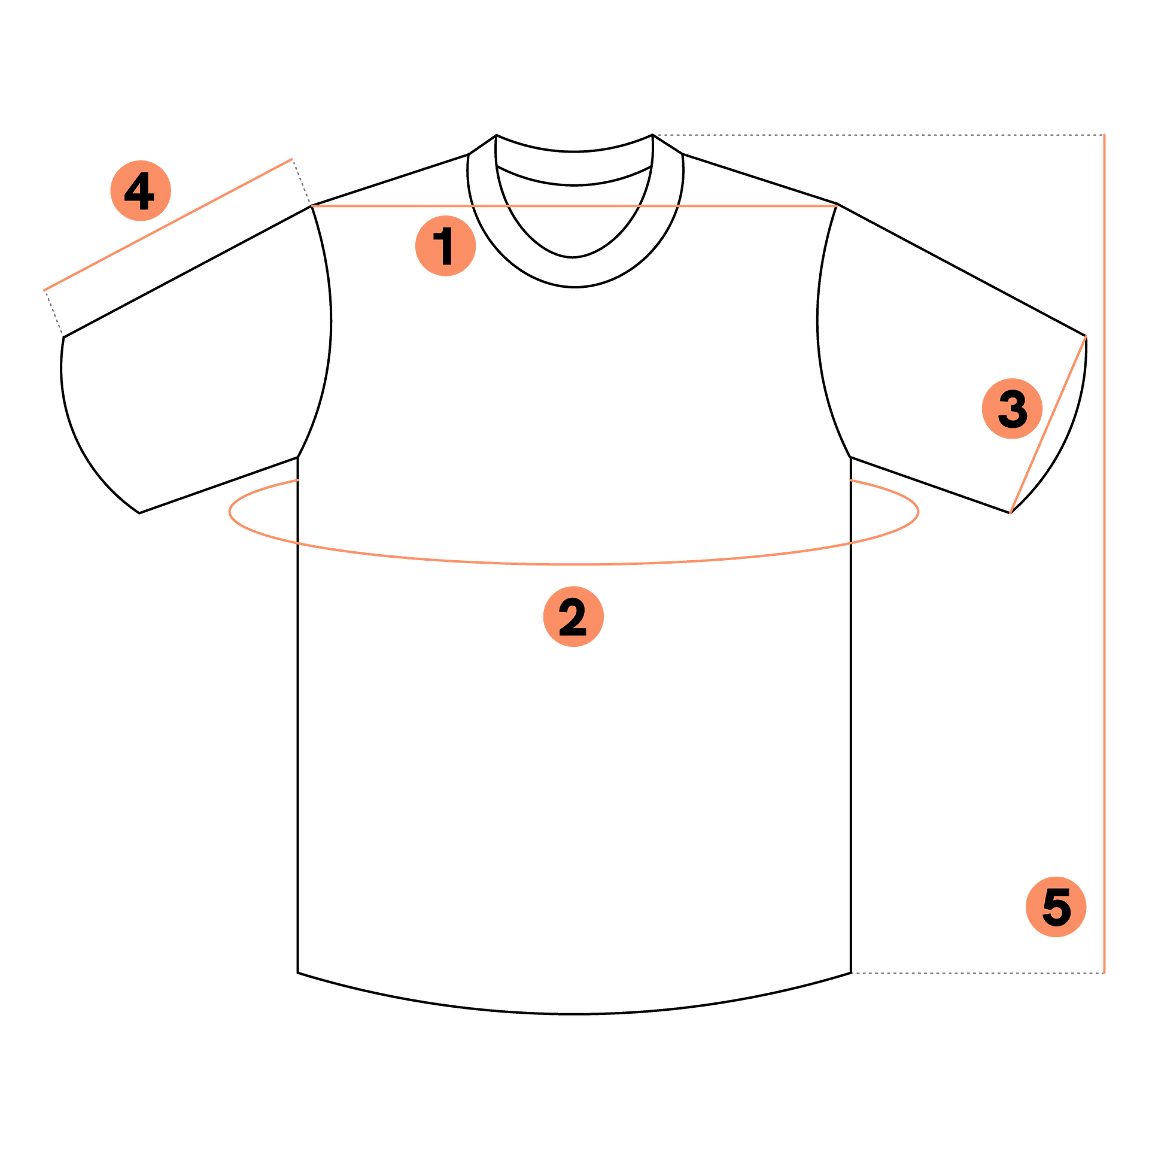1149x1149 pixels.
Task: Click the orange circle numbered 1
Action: coord(445,245)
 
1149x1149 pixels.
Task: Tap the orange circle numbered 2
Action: coord(573,616)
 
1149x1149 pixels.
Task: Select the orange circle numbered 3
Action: coord(1012,409)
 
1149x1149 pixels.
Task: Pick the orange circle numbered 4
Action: coord(141,190)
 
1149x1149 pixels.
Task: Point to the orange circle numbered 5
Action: coord(1056,907)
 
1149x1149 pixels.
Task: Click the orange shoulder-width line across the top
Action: coord(574,206)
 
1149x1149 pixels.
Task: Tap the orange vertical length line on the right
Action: coord(1104,554)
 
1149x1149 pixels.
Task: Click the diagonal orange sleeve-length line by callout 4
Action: coord(168,225)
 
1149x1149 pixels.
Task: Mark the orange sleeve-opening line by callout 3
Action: coord(1048,424)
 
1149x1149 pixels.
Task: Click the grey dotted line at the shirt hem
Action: coord(977,973)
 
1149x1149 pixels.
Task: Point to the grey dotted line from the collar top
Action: coord(878,135)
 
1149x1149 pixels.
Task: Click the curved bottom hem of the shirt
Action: coord(574,1014)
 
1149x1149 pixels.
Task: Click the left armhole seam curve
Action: coord(330,323)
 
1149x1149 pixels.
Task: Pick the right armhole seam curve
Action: coord(818,323)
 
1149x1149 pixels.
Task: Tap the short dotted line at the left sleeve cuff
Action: coord(54,314)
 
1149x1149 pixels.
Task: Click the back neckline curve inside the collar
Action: coord(574,185)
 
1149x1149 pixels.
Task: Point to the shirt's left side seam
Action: coord(297,715)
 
